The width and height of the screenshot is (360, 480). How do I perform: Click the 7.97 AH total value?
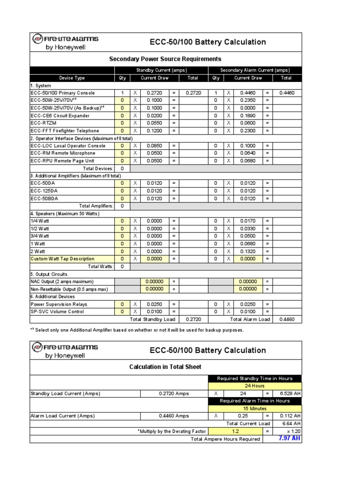(289, 438)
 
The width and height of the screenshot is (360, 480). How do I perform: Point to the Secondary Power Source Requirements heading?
(165, 59)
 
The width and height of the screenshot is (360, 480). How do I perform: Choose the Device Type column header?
(72, 78)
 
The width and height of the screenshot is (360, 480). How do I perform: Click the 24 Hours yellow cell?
(255, 386)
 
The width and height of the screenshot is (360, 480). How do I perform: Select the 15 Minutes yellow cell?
(255, 408)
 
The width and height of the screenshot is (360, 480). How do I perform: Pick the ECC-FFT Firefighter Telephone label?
(65, 131)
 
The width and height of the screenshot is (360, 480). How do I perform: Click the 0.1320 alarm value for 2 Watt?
(248, 251)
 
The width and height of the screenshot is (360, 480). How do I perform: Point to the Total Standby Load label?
(152, 319)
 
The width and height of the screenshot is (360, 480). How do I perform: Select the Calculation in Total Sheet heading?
(166, 367)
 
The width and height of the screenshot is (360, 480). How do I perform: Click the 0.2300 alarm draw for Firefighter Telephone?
(248, 131)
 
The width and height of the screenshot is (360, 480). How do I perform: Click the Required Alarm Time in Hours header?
(255, 401)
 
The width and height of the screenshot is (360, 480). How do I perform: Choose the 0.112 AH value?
(290, 416)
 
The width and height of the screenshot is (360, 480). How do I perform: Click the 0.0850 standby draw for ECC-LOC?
(154, 146)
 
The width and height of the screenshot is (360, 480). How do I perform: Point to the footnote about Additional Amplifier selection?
(137, 330)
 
